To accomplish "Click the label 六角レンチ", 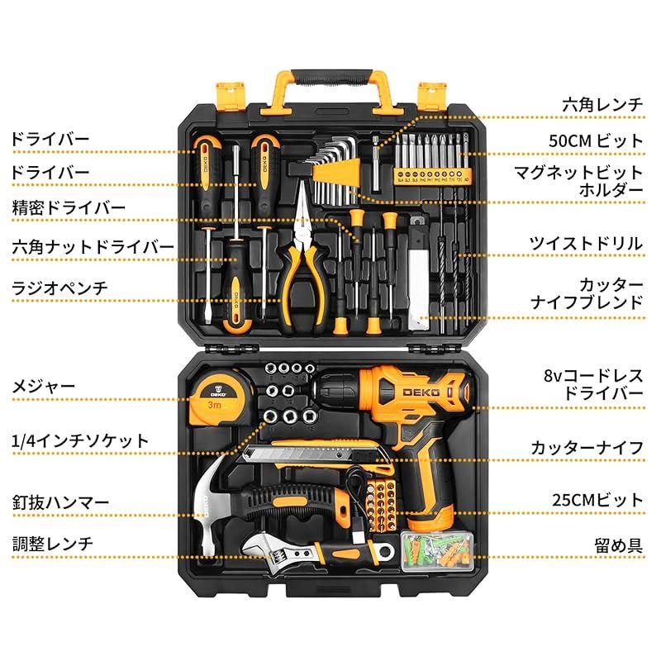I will pos(602,104).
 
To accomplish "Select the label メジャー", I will pos(43,386).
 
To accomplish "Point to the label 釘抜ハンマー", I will pos(59,502).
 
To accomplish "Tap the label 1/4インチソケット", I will pos(80,440).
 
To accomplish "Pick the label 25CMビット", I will pos(597,500).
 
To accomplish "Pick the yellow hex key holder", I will pos(339,174).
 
